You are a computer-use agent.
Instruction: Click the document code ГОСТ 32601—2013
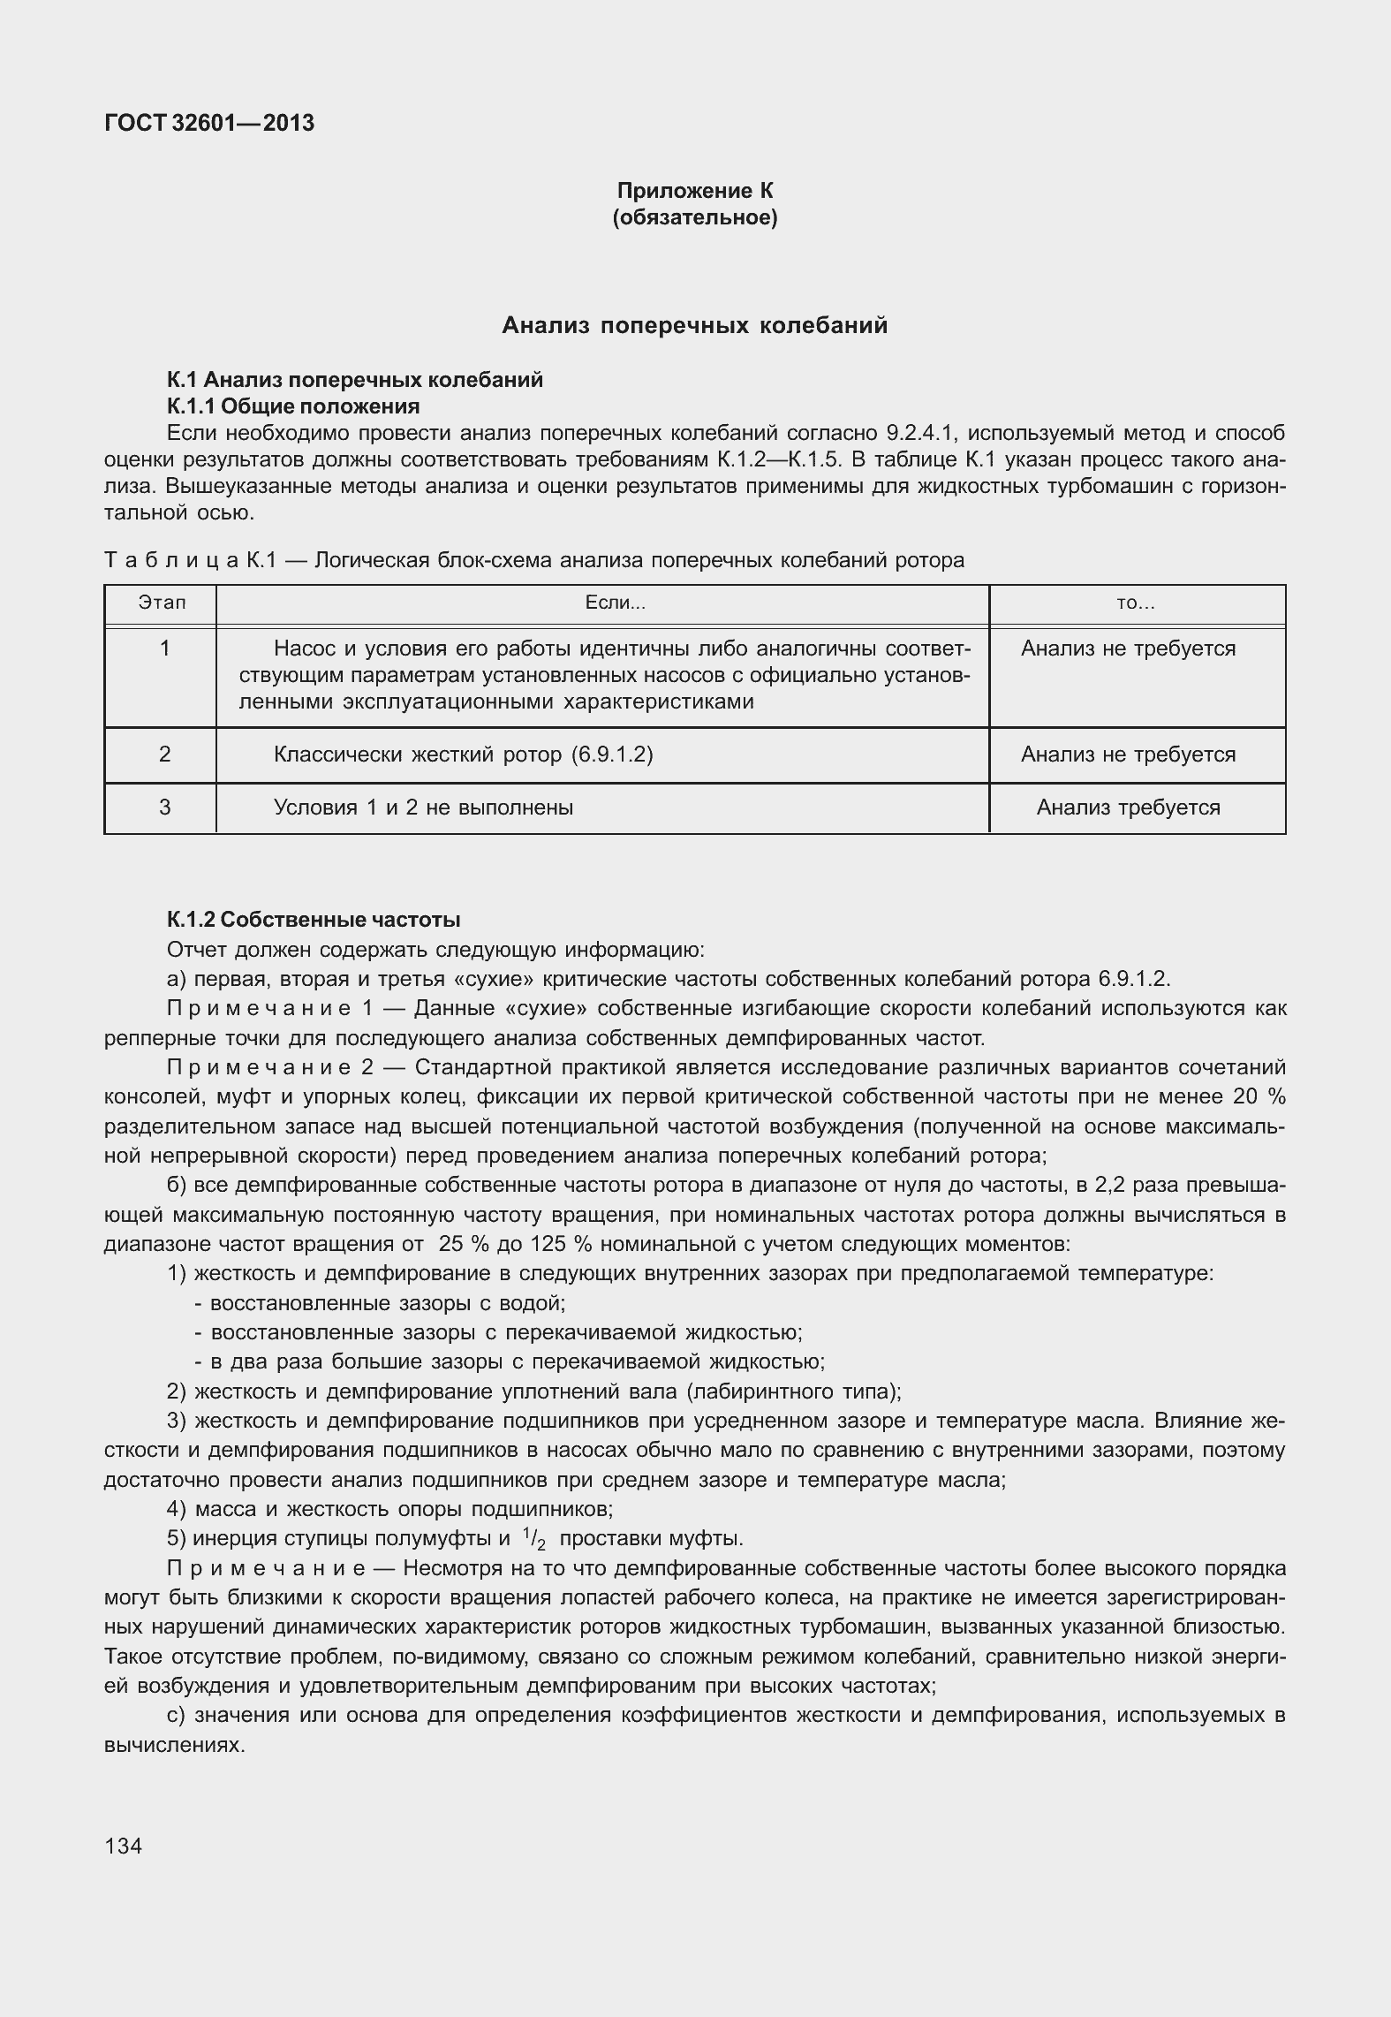pyautogui.click(x=209, y=124)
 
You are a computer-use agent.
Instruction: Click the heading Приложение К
pyautogui.click(x=694, y=191)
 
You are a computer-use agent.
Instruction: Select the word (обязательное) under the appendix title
pyautogui.click(x=694, y=217)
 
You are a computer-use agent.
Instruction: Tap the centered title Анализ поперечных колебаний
pyautogui.click(x=694, y=326)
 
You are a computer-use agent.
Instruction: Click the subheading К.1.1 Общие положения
pyautogui.click(x=293, y=406)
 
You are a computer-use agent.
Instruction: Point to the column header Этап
pyautogui.click(x=163, y=603)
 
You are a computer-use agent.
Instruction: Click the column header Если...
pyautogui.click(x=616, y=603)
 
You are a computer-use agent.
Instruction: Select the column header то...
pyautogui.click(x=1136, y=603)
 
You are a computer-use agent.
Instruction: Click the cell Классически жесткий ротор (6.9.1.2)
pyautogui.click(x=463, y=754)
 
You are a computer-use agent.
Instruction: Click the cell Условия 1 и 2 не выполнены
pyautogui.click(x=423, y=808)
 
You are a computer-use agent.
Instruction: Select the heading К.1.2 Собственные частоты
pyautogui.click(x=314, y=920)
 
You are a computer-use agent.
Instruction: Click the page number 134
pyautogui.click(x=123, y=1846)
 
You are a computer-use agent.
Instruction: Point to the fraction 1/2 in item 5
pyautogui.click(x=533, y=1540)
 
